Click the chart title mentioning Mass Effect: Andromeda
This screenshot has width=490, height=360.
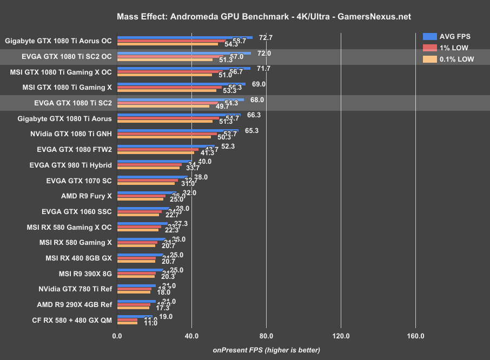click(x=263, y=16)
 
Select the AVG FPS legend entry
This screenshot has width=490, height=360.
click(x=447, y=37)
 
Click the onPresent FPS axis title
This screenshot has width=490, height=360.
click(x=266, y=350)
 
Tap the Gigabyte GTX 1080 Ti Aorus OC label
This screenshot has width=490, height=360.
click(x=58, y=41)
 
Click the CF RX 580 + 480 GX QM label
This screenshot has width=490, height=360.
click(x=72, y=321)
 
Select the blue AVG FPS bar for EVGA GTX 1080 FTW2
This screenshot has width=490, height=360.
click(x=165, y=146)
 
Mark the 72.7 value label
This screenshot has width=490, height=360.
click(x=266, y=38)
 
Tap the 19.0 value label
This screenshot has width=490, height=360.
click(x=165, y=317)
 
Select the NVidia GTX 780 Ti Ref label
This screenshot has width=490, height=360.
click(x=75, y=289)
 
